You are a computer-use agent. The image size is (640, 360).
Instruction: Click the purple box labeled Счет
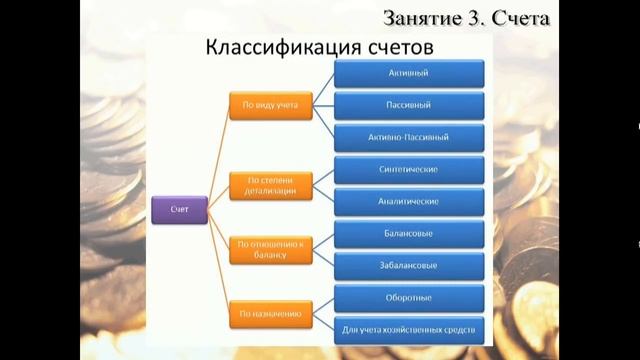pos(179,209)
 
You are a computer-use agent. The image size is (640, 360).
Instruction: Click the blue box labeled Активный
pos(409,73)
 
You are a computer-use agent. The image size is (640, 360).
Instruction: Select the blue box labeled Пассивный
pos(409,104)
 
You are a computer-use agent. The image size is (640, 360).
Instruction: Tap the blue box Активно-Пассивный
pos(409,135)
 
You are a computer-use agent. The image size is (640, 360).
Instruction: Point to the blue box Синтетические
pos(409,169)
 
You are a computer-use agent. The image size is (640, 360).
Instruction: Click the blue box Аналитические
pos(409,201)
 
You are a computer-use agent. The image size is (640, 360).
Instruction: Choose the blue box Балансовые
pos(409,234)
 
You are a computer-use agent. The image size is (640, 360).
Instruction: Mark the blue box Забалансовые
pos(409,266)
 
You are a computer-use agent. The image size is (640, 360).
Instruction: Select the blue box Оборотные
pos(409,298)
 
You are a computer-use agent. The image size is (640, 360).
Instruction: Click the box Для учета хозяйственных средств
pos(409,329)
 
